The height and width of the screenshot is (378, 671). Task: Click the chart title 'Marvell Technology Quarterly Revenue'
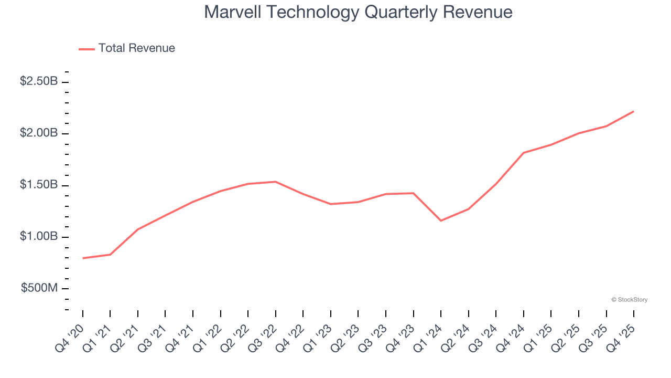coord(358,12)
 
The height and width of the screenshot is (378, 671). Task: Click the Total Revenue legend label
coord(136,48)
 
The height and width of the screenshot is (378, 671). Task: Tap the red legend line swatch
coord(86,49)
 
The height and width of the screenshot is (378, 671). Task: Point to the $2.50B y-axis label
coord(39,81)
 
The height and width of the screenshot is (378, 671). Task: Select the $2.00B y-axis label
coord(39,133)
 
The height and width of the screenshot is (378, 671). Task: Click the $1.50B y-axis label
coord(39,185)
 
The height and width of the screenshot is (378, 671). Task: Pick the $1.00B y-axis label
coord(39,236)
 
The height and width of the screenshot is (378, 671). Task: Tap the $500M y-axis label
coord(39,288)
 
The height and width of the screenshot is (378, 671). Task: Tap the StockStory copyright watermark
coord(629,300)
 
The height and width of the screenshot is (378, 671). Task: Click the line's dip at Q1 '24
coord(441,220)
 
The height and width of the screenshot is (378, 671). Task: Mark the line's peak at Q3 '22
coord(276,182)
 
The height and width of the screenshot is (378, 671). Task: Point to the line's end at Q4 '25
coord(634,111)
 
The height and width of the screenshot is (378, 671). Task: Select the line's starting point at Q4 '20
coord(83,258)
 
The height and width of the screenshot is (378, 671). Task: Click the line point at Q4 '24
coord(524,153)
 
